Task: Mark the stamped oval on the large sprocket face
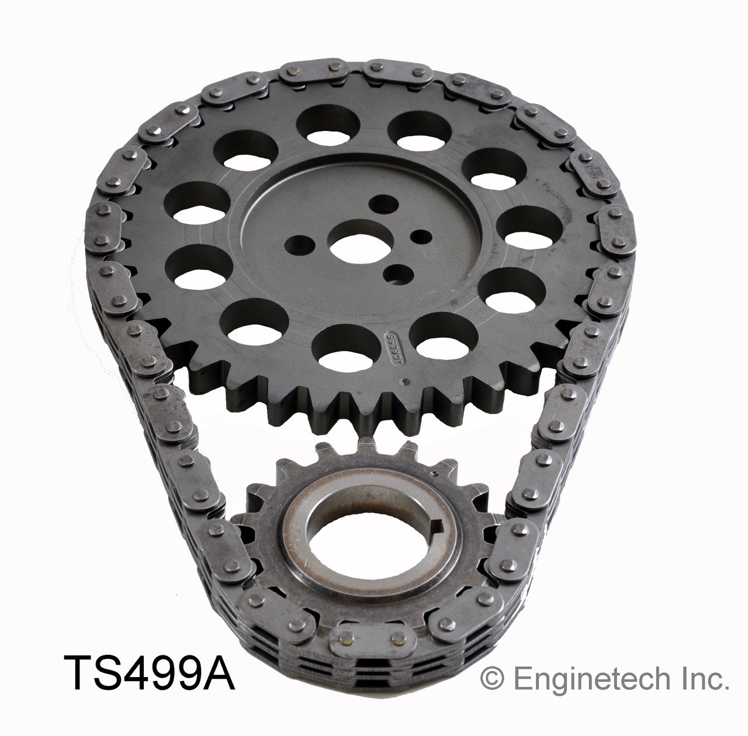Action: [394, 343]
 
